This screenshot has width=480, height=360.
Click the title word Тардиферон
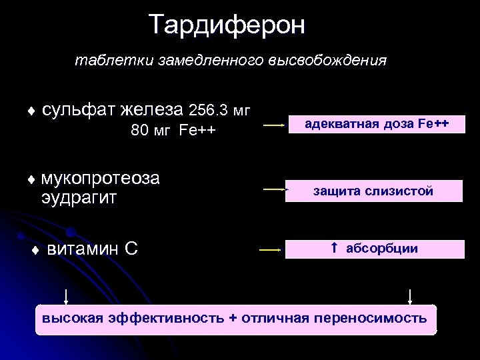pos(227,25)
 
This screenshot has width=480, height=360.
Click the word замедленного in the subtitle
pos(212,61)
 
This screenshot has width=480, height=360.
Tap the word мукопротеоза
pos(100,179)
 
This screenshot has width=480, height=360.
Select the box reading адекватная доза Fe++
pos(376,124)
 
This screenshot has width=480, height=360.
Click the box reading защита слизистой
pos(373,191)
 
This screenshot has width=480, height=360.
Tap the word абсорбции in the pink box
pos(382,249)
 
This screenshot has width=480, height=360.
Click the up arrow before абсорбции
pos(335,248)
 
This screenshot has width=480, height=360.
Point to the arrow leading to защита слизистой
pos(272,190)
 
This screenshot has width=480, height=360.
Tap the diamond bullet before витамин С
pos(36,251)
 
